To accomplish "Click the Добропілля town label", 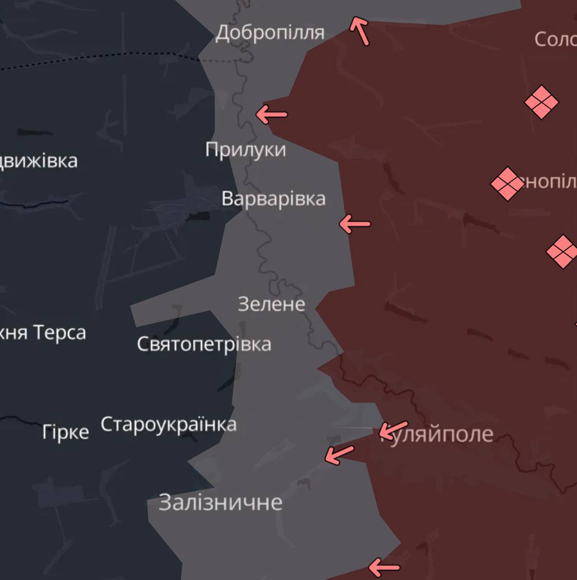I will click(x=270, y=33).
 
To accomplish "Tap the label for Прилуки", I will click(x=246, y=149).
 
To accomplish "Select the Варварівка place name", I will click(x=273, y=199).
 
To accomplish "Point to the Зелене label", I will click(x=271, y=304).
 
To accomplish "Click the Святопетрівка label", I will click(x=204, y=344).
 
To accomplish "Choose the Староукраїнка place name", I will click(x=169, y=424).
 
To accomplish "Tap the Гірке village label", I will click(x=65, y=432).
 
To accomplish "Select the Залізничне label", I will click(x=220, y=502).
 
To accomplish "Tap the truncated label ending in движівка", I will click(x=39, y=161).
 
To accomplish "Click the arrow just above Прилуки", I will click(x=272, y=115).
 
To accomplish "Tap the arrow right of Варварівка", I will click(x=355, y=224).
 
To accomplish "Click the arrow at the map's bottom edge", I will click(x=384, y=568).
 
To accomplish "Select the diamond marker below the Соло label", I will click(x=541, y=102).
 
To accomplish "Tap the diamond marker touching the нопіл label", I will click(x=507, y=183).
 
